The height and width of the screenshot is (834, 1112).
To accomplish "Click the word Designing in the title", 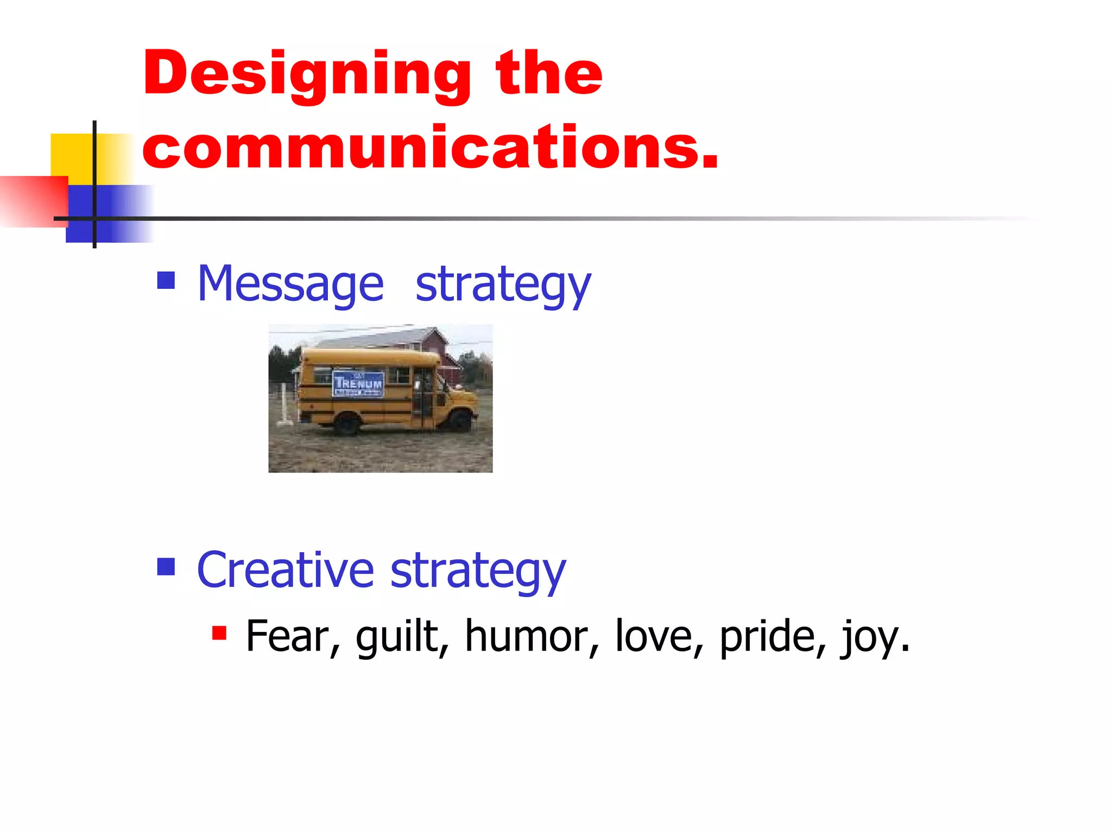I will point(307,74).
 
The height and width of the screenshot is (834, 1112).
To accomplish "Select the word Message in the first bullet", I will point(290,284).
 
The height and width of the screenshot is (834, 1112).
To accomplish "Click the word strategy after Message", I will point(503,284).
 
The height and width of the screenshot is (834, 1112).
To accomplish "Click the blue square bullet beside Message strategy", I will point(166,280).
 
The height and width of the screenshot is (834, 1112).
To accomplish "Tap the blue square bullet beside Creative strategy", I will point(166,566).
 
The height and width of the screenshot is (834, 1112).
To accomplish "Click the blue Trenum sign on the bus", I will point(358,384).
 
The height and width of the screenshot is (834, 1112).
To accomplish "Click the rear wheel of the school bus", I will point(346,423).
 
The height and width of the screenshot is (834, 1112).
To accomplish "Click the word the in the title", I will point(548,74).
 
